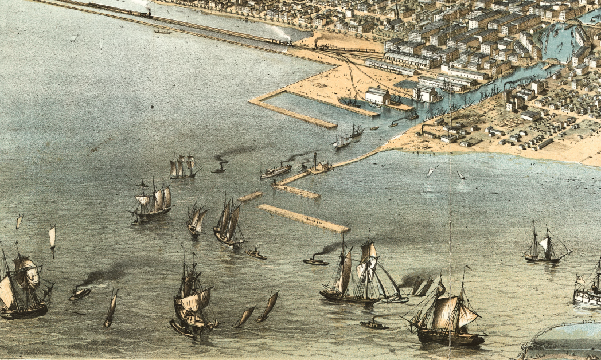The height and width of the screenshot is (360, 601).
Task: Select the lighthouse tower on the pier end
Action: pyautogui.click(x=314, y=161)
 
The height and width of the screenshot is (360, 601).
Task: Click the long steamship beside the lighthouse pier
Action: pyautogui.click(x=276, y=171)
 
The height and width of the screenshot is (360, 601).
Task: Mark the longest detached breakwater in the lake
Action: pyautogui.click(x=303, y=218)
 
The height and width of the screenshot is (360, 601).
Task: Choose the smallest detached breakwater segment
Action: pyautogui.click(x=250, y=197)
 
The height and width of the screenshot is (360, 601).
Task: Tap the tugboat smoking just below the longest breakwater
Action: pyautogui.click(x=316, y=261)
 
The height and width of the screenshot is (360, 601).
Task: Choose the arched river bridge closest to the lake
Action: pyautogui.click(x=551, y=62)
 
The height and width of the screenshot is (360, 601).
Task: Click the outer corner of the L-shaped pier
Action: pyautogui.click(x=252, y=102)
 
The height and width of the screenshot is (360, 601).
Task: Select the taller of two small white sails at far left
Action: pyautogui.click(x=52, y=236)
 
